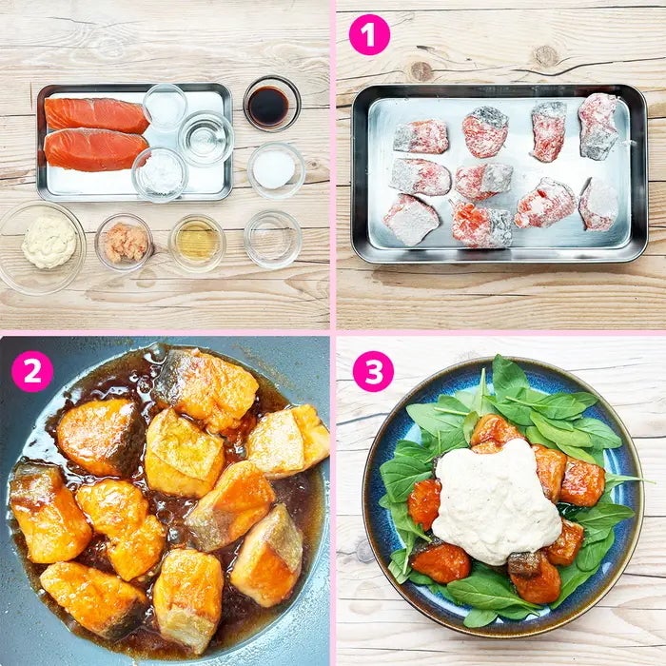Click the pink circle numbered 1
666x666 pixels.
pos(369,34)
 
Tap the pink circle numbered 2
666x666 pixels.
pos(32,371)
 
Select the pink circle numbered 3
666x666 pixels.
pos(373,371)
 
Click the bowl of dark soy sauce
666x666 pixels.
pos(272,104)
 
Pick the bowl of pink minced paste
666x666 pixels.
pos(124,243)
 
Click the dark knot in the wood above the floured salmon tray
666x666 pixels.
pos(421,70)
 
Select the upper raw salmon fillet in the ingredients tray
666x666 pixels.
pos(97,115)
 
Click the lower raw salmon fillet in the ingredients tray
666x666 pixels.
pos(95,149)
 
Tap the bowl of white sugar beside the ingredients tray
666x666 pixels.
pos(276,170)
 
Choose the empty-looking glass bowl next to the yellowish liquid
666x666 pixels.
pos(273,240)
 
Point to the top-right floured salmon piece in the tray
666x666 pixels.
pos(598,127)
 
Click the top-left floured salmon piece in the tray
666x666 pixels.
pos(421,136)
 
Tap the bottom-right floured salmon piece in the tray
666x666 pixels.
pos(598,205)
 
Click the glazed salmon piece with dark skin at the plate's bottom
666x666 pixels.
pos(533,577)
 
